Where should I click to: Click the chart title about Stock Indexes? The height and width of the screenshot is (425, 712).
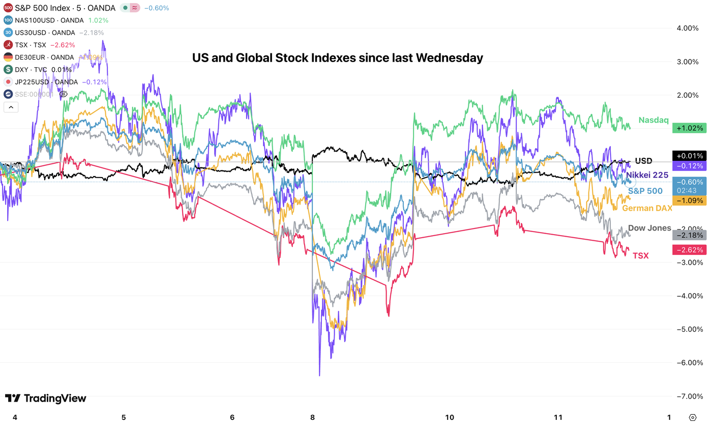click(337, 58)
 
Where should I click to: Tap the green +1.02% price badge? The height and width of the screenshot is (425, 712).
click(689, 128)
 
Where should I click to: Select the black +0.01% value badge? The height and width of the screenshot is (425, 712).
click(689, 156)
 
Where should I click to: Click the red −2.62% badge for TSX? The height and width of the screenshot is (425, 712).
click(689, 250)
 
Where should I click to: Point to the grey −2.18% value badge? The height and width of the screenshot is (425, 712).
click(689, 235)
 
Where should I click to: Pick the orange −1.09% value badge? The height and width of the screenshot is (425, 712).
click(689, 201)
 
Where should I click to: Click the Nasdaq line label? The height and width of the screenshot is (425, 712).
click(653, 120)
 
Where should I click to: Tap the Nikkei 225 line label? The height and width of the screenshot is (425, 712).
click(647, 175)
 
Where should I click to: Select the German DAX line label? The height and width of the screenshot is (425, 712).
click(647, 208)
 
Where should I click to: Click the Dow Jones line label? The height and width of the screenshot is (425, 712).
click(649, 228)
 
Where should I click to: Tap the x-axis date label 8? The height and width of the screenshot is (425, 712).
click(312, 417)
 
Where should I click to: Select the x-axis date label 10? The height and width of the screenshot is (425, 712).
click(450, 417)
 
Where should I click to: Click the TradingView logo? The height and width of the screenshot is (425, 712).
click(46, 399)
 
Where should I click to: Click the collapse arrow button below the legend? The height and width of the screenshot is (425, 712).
click(11, 107)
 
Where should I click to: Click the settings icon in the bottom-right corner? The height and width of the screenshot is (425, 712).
click(692, 417)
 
